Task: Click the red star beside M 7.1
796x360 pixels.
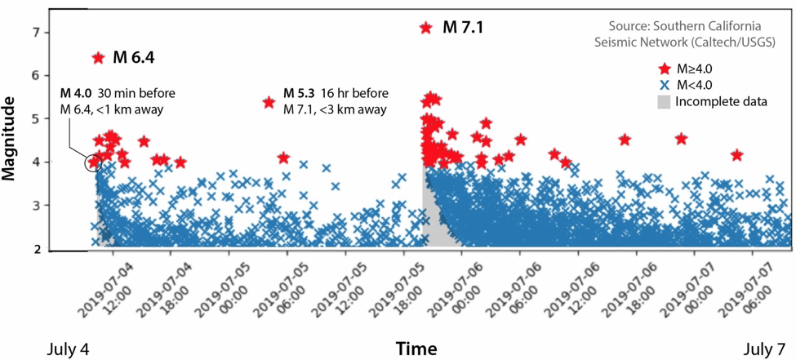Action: [425, 28]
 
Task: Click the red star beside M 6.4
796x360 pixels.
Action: [99, 58]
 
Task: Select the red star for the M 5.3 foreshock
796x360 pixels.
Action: [269, 103]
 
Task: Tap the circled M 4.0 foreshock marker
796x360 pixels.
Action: [93, 162]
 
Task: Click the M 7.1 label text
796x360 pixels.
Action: [464, 27]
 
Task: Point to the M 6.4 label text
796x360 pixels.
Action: [134, 58]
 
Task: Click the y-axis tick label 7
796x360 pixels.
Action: [35, 33]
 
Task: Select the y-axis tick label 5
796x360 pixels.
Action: [35, 119]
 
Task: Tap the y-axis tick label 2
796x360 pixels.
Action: [35, 249]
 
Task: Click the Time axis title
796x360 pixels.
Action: [416, 349]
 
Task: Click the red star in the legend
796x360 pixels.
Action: [664, 69]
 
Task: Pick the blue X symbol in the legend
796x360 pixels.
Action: [664, 86]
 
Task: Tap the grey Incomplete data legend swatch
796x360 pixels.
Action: [665, 102]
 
